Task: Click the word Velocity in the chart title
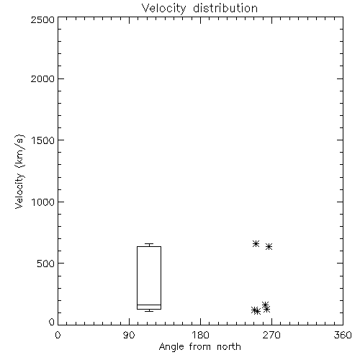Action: (164, 8)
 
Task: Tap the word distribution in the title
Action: (225, 8)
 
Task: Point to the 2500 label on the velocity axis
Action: (42, 19)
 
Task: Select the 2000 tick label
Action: (42, 78)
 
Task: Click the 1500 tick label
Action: (43, 140)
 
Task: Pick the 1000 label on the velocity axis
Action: (43, 202)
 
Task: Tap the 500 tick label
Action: (46, 264)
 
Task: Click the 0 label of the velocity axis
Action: (52, 322)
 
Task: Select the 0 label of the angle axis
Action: (58, 335)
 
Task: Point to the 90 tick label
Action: (129, 335)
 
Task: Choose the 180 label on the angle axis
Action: (200, 335)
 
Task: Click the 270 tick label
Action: (271, 335)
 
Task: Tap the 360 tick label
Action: (343, 335)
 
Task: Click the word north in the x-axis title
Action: (229, 347)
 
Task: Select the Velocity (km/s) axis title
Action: (19, 171)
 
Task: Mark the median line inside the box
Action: (149, 305)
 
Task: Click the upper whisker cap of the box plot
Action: (149, 244)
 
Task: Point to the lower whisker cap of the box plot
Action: (149, 311)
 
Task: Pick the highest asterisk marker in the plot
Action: (256, 243)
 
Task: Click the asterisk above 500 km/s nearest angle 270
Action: (269, 246)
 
